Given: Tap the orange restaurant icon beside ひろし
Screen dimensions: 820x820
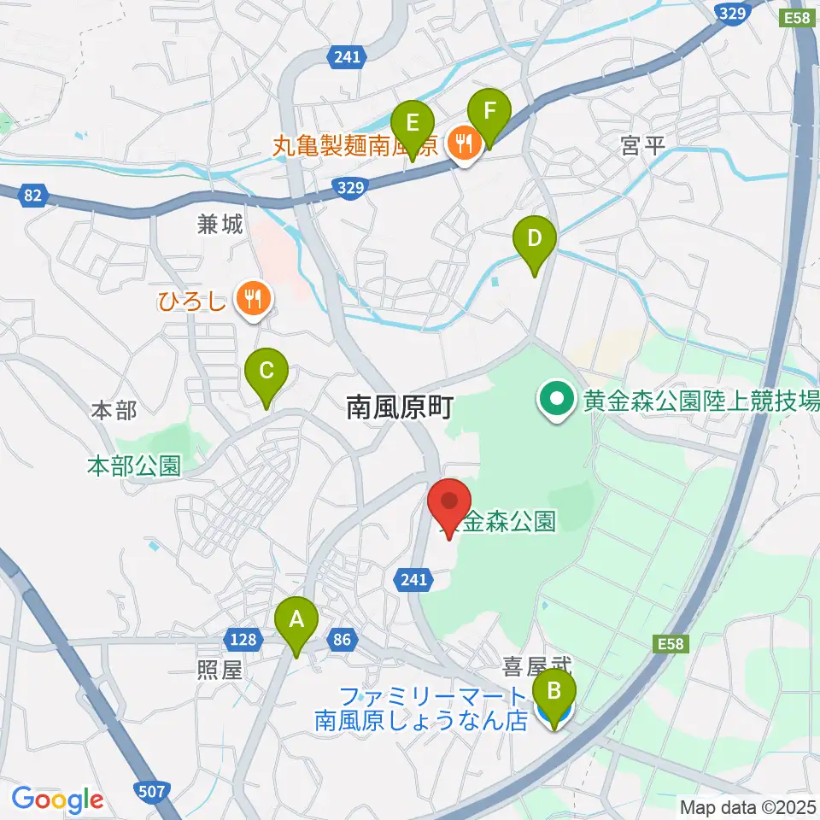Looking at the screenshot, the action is (254, 299).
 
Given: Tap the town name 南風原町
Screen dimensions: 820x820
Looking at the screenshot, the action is (398, 408).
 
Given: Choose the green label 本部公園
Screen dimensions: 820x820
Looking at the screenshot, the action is (134, 466).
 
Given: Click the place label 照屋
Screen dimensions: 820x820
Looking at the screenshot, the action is (220, 669).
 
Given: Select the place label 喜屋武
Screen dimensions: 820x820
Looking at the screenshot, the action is (536, 664).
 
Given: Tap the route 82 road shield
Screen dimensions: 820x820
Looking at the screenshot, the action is (32, 196).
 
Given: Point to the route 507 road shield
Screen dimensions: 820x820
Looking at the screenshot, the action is (150, 791).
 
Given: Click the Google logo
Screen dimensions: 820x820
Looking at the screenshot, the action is (57, 799).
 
